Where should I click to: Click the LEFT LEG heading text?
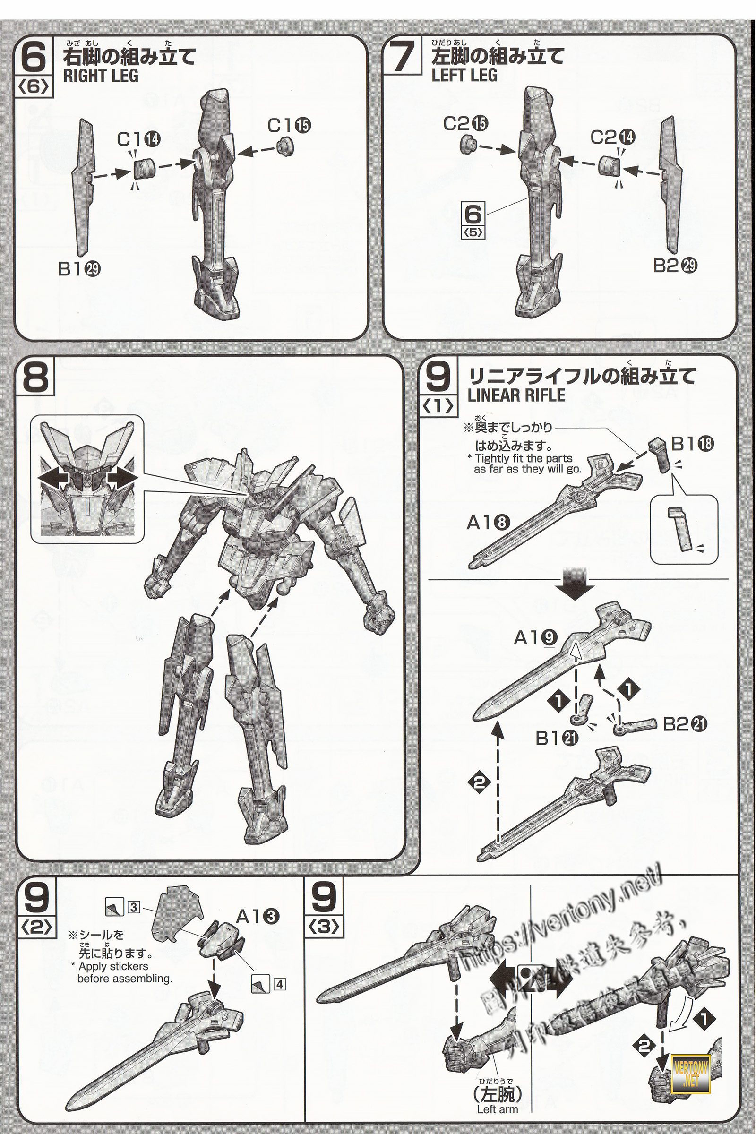[464, 76]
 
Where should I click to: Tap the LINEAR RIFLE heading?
[516, 395]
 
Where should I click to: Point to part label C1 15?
[289, 125]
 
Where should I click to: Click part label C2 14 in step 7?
[613, 137]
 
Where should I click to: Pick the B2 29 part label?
[676, 266]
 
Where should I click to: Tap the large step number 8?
[36, 378]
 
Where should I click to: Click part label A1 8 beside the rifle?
[489, 523]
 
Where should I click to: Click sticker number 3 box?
[133, 907]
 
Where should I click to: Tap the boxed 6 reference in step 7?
[473, 220]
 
